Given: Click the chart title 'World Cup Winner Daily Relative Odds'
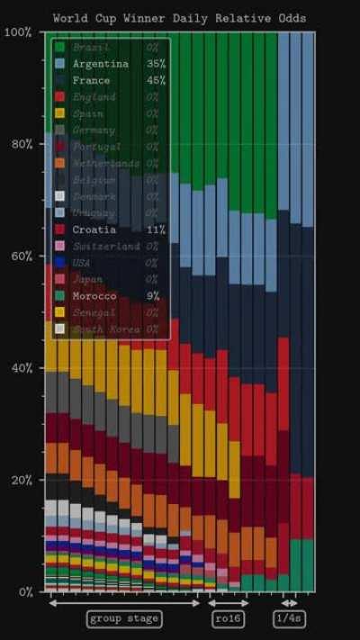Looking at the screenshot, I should click(179, 17).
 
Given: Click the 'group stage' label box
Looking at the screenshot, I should click(124, 618).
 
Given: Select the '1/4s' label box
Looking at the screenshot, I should click(289, 618).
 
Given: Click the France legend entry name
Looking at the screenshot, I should click(91, 80).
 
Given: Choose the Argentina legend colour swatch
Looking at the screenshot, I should click(59, 64).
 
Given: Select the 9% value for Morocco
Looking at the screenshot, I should click(153, 296).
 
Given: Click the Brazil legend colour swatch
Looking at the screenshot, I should click(59, 47).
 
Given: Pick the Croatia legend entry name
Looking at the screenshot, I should click(94, 230).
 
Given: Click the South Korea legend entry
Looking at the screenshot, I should click(106, 329).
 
